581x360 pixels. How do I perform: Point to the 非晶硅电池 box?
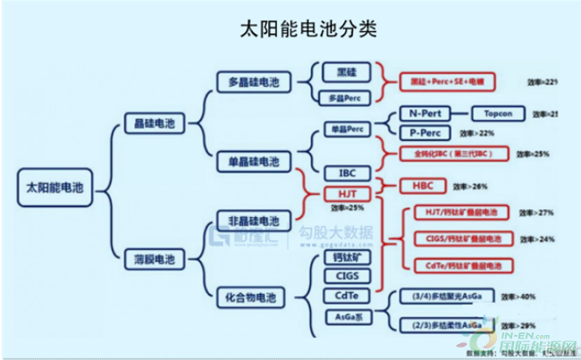tap(248, 220)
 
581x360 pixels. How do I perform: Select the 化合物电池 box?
tap(248, 295)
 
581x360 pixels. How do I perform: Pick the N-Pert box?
tap(425, 114)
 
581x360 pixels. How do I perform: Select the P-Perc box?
tap(425, 133)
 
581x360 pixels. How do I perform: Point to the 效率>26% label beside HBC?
tap(470, 188)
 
